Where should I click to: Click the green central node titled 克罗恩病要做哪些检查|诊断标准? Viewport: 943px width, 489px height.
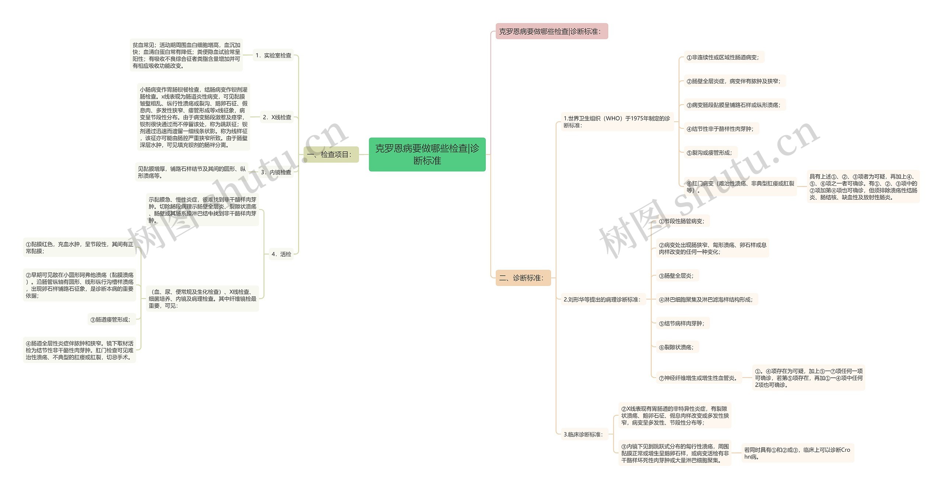pos(427,154)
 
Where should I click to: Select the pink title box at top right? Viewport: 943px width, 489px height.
pos(551,31)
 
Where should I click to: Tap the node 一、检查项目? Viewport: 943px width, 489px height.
pos(331,154)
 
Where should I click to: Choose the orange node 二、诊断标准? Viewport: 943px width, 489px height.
pos(523,278)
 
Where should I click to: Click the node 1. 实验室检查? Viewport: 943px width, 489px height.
pos(273,55)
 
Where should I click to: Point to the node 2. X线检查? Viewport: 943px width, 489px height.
pos(277,117)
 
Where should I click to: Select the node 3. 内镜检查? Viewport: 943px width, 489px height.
pos(276,172)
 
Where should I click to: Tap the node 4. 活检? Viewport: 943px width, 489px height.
pos(281,254)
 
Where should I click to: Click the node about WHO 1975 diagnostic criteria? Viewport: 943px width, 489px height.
pos(617,122)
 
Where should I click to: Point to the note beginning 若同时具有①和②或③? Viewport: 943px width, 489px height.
pos(797,453)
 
